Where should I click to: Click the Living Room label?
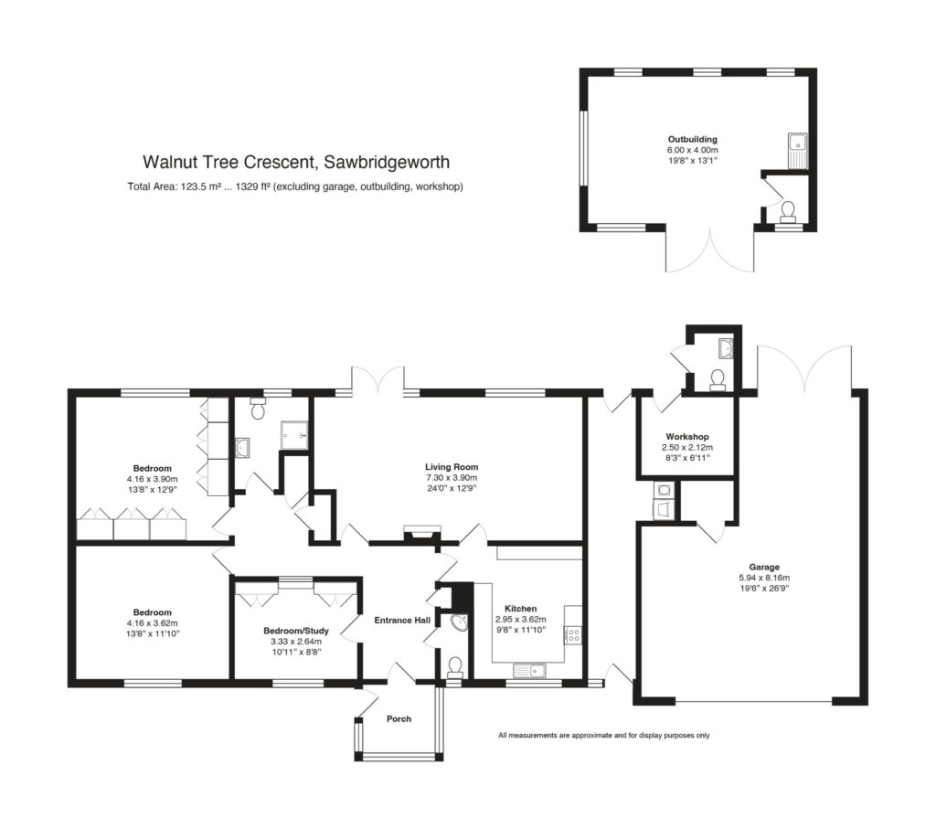pyautogui.click(x=452, y=467)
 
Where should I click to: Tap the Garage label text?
pyautogui.click(x=764, y=567)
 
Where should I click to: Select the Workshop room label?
pyautogui.click(x=687, y=436)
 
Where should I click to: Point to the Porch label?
pyautogui.click(x=399, y=718)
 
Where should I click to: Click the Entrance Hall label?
pyautogui.click(x=402, y=620)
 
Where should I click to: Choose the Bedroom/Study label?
pyautogui.click(x=296, y=631)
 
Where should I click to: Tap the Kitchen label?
pyautogui.click(x=520, y=608)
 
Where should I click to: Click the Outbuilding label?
pyautogui.click(x=693, y=140)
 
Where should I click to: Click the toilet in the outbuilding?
pyautogui.click(x=788, y=212)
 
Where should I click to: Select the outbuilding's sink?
pyautogui.click(x=797, y=150)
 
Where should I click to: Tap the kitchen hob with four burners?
pyautogui.click(x=574, y=634)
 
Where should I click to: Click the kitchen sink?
pyautogui.click(x=529, y=671)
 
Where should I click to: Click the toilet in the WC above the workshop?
pyautogui.click(x=718, y=380)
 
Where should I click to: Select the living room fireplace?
pyautogui.click(x=422, y=534)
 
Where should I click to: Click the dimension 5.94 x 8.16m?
pyautogui.click(x=764, y=578)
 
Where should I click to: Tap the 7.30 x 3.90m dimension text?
pyautogui.click(x=452, y=477)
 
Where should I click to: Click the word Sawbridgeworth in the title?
pyautogui.click(x=387, y=163)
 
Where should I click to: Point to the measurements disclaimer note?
pyautogui.click(x=604, y=735)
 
